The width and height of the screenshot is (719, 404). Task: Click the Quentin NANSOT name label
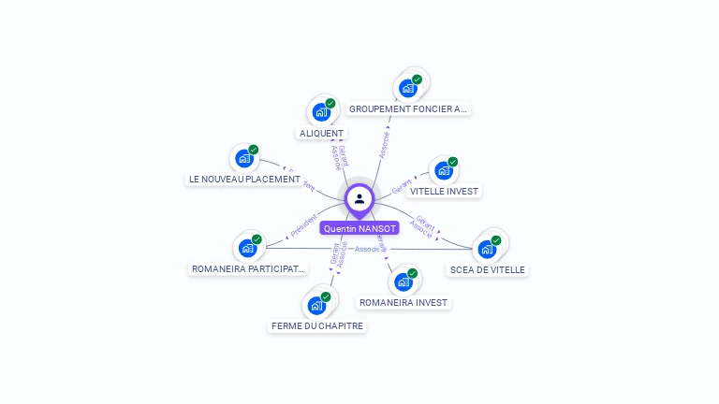[359, 228]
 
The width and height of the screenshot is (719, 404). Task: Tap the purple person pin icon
[359, 199]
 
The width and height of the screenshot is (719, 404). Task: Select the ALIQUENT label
[321, 134]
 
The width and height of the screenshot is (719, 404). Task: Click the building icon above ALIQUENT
[321, 112]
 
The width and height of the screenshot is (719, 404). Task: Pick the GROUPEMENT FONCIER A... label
[407, 109]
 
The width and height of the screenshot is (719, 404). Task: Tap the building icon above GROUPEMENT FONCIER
[407, 88]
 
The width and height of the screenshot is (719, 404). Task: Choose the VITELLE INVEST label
[444, 192]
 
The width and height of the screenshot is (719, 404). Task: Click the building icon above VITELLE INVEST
[444, 170]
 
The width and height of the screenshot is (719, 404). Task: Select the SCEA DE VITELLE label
[487, 270]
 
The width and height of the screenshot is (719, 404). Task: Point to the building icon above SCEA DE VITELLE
[487, 249]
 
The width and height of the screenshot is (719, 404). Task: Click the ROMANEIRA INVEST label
[404, 303]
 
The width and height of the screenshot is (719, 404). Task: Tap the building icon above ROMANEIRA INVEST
[404, 281]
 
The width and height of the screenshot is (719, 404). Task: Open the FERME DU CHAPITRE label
[317, 326]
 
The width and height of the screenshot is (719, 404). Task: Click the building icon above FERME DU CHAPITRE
[316, 305]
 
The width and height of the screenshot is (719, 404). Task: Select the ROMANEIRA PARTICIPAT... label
[248, 269]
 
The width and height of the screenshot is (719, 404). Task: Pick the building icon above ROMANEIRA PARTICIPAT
[247, 248]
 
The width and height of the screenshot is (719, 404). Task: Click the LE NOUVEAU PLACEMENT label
[244, 180]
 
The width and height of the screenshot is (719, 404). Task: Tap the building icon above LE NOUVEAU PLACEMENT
[244, 158]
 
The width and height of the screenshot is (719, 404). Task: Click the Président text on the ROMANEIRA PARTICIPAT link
[304, 226]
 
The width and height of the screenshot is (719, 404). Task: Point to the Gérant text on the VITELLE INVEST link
[402, 188]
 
